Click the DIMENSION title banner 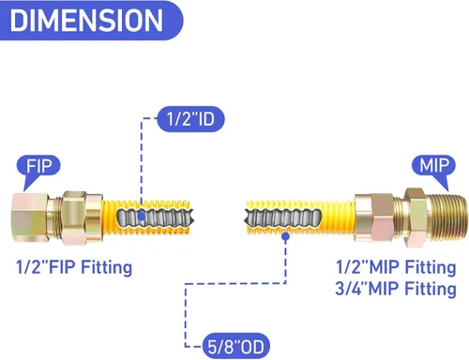[91, 21]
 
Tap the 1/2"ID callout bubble [190, 119]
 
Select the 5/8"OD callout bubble [236, 346]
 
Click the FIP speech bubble [38, 166]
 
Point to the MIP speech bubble [433, 166]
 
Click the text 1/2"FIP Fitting [74, 267]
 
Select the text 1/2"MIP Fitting [396, 267]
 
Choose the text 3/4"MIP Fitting [396, 289]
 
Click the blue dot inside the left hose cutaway [141, 216]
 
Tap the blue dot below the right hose [285, 236]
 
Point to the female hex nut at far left [30, 217]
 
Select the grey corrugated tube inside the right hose [283, 217]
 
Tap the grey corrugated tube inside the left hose [156, 217]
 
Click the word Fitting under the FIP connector [107, 268]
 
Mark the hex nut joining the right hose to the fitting [374, 217]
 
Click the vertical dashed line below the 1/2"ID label [142, 165]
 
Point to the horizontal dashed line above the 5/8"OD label [235, 283]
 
